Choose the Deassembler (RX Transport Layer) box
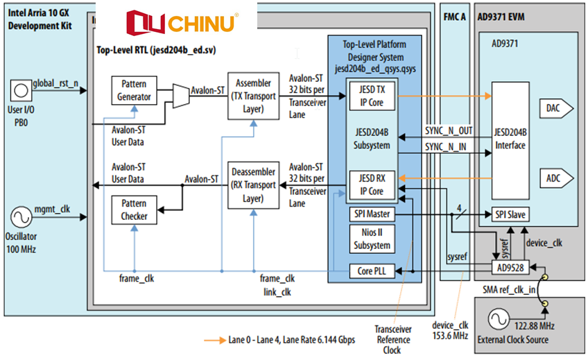tap(253, 185)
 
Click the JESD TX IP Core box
tap(371, 96)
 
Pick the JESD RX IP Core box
tap(371, 184)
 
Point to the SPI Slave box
tap(510, 215)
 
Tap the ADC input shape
tap(555, 178)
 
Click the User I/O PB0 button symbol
tap(19, 89)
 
